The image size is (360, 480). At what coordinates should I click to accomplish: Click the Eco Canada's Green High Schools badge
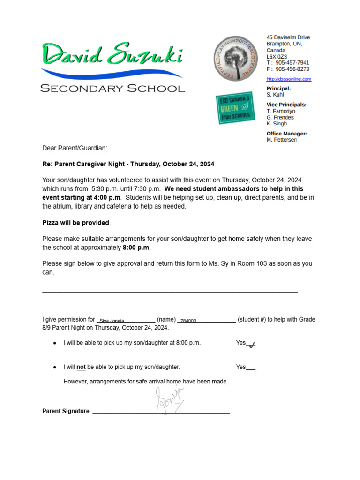pos(236,108)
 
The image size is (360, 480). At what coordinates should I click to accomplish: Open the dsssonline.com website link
pos(289,79)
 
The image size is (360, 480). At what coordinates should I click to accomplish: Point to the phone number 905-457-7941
pos(292,62)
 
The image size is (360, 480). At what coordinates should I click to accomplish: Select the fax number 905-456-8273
pos(292,69)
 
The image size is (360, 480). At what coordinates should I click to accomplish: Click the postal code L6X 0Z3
pos(277,56)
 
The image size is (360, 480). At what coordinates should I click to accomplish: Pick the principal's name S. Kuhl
pos(275,95)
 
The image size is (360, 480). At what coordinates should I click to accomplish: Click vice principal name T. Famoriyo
pos(281,111)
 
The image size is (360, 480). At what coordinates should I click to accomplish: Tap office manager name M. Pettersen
pos(281,140)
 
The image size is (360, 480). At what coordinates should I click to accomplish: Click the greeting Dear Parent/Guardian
pos(75,148)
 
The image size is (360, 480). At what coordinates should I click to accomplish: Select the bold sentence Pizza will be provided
pos(76,223)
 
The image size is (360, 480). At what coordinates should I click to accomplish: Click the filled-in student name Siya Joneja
pos(112,321)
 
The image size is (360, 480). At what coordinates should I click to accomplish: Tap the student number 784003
pos(188,321)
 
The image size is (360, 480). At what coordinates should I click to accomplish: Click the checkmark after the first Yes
pos(251,345)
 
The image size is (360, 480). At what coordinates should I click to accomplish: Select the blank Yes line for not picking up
pos(251,367)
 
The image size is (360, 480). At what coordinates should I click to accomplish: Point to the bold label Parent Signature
pos(66,411)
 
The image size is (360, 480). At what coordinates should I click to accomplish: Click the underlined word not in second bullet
pos(81,367)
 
